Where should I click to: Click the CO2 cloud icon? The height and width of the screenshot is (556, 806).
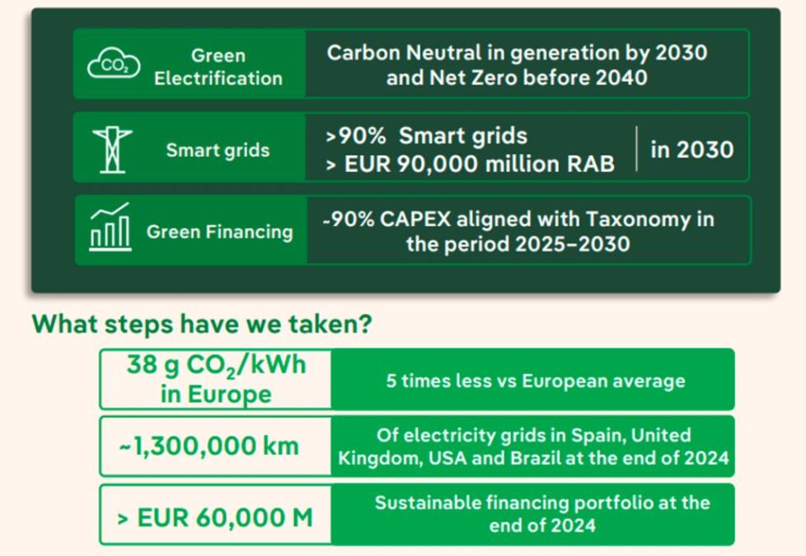[114, 64]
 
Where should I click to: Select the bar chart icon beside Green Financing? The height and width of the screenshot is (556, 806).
[110, 229]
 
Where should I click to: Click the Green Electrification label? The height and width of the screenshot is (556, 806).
[218, 67]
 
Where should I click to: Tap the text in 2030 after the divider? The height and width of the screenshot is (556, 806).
[691, 149]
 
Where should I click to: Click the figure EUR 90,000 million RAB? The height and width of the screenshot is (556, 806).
[469, 164]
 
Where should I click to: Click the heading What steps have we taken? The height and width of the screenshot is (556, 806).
[202, 324]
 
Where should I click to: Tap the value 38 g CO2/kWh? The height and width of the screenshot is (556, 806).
[216, 365]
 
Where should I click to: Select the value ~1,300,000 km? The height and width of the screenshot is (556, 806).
[209, 446]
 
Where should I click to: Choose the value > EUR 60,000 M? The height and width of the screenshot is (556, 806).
[214, 518]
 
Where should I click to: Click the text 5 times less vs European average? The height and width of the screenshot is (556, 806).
[536, 381]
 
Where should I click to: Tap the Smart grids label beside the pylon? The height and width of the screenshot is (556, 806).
[218, 151]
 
